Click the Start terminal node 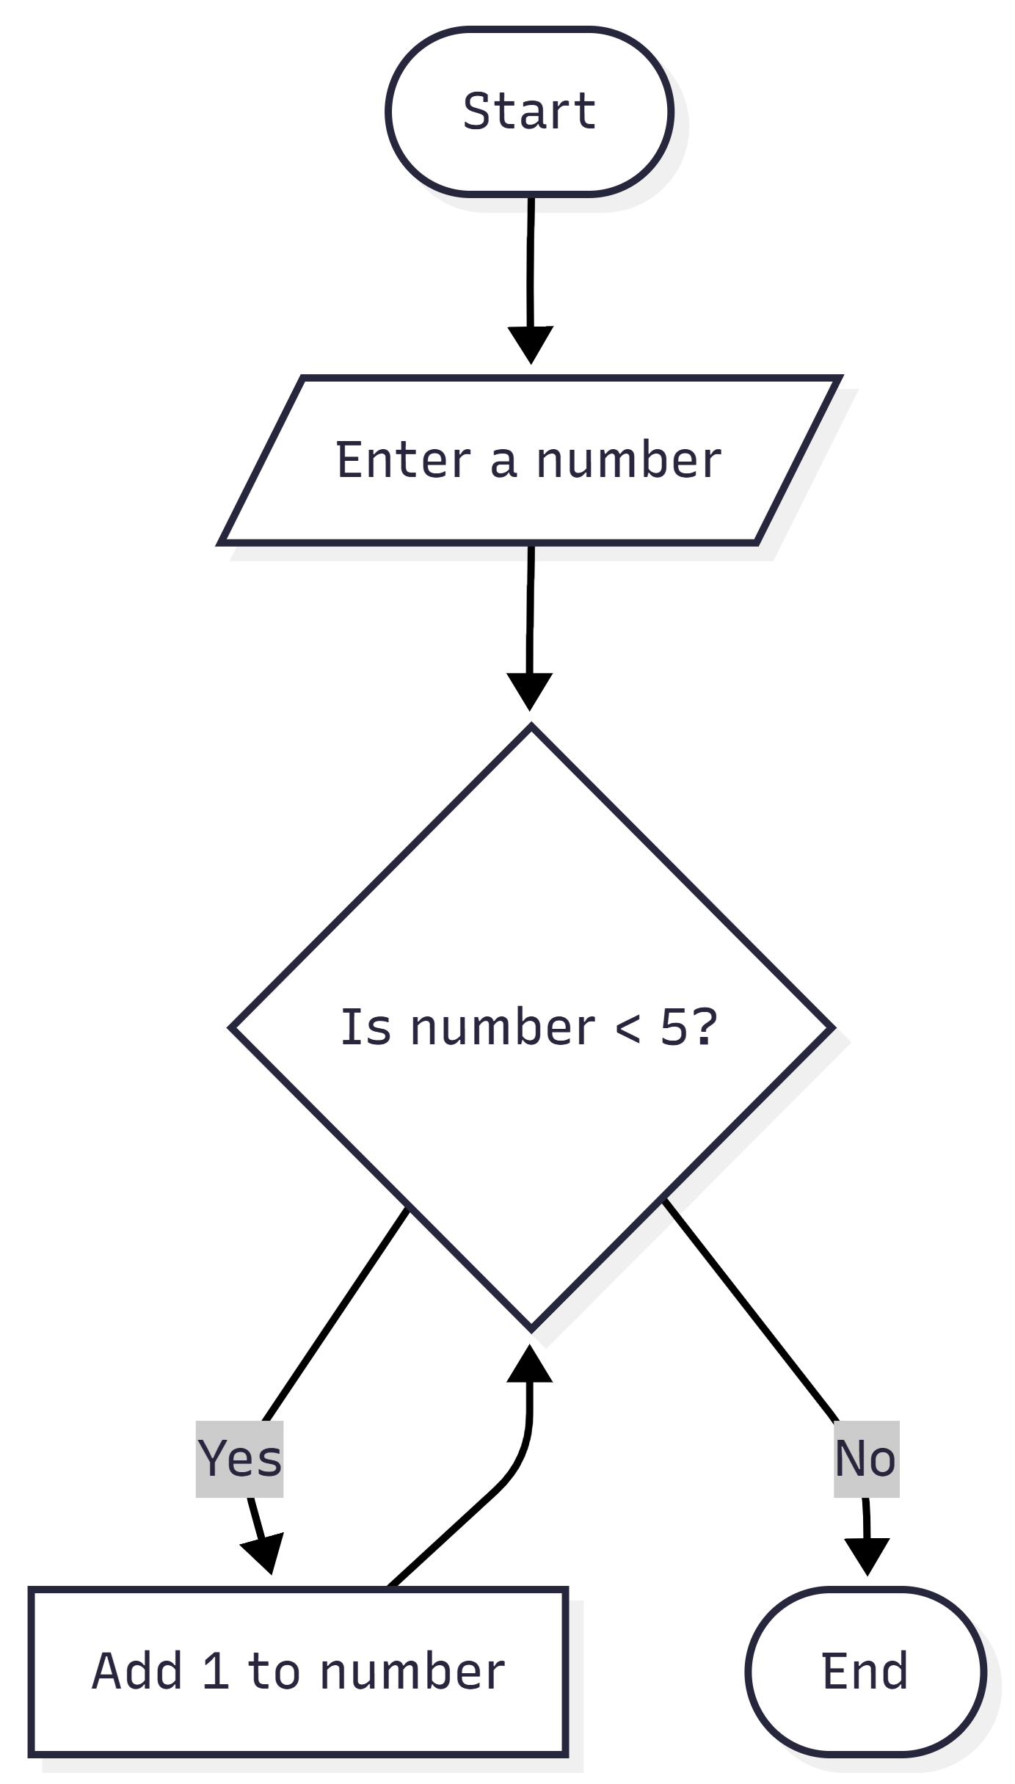click(529, 112)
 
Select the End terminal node click(865, 1671)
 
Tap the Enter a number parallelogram click(529, 460)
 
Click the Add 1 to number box click(298, 1671)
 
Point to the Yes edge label click(239, 1458)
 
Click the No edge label click(865, 1458)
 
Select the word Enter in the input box click(403, 460)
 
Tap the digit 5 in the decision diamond click(673, 1027)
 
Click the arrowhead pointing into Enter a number click(530, 344)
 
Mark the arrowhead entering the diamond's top click(529, 691)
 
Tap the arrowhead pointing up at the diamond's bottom click(529, 1365)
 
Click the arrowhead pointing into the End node click(867, 1556)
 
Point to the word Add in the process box click(137, 1671)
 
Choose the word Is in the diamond click(365, 1027)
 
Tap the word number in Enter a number click(629, 460)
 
